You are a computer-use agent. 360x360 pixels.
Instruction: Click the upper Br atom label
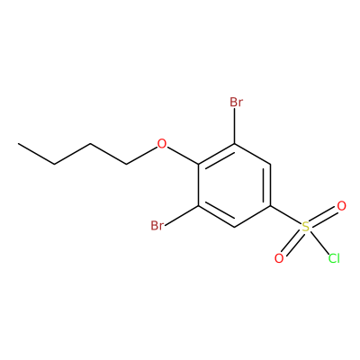coord(236,103)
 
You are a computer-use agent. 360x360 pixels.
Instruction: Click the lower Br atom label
coord(157,225)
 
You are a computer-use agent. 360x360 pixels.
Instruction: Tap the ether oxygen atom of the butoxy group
coord(162,144)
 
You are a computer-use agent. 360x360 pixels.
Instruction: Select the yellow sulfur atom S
coord(305,227)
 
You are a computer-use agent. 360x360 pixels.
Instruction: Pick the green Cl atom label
coord(334,258)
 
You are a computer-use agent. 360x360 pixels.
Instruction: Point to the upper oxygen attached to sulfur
coord(341,206)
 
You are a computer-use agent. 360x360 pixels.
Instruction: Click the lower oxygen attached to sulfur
coord(279,258)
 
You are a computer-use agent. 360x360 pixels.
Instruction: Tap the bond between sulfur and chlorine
coord(319,242)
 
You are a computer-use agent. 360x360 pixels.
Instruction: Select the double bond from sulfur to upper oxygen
coord(323,216)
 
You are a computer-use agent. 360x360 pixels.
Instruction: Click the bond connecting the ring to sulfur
coord(285,215)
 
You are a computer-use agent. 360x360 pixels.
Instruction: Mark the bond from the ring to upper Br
coord(235,126)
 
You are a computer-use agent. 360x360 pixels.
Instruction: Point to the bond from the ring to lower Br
coord(182,215)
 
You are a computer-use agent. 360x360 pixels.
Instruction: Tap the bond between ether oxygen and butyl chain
coord(141,156)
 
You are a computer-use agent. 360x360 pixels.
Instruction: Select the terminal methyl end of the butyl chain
coord(19,144)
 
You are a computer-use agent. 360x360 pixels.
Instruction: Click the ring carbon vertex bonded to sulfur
coord(271,206)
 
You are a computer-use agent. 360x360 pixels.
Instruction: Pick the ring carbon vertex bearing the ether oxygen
coord(199,165)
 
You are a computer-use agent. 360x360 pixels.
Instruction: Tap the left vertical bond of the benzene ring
coord(199,185)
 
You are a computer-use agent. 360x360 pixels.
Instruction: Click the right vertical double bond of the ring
coord(267,185)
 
